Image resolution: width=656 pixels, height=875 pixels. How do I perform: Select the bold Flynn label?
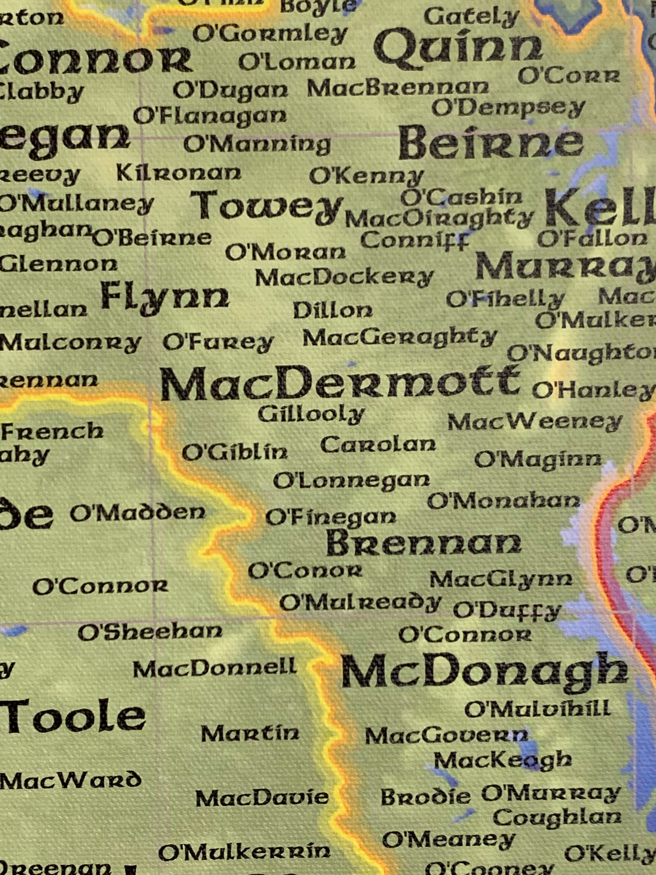[x=165, y=297]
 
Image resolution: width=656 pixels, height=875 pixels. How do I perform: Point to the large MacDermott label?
[x=339, y=383]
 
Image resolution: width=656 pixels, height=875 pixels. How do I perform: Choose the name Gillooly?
[x=311, y=414]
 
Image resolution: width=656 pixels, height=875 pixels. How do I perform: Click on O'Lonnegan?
[x=351, y=481]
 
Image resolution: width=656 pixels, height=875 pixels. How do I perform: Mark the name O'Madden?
[x=138, y=513]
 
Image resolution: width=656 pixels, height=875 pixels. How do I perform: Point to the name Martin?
[x=250, y=734]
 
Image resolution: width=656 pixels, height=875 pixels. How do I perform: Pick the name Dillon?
[x=333, y=311]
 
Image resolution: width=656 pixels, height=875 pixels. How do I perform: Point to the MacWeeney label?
[x=535, y=422]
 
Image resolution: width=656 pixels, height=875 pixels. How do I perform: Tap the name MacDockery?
[x=344, y=278]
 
